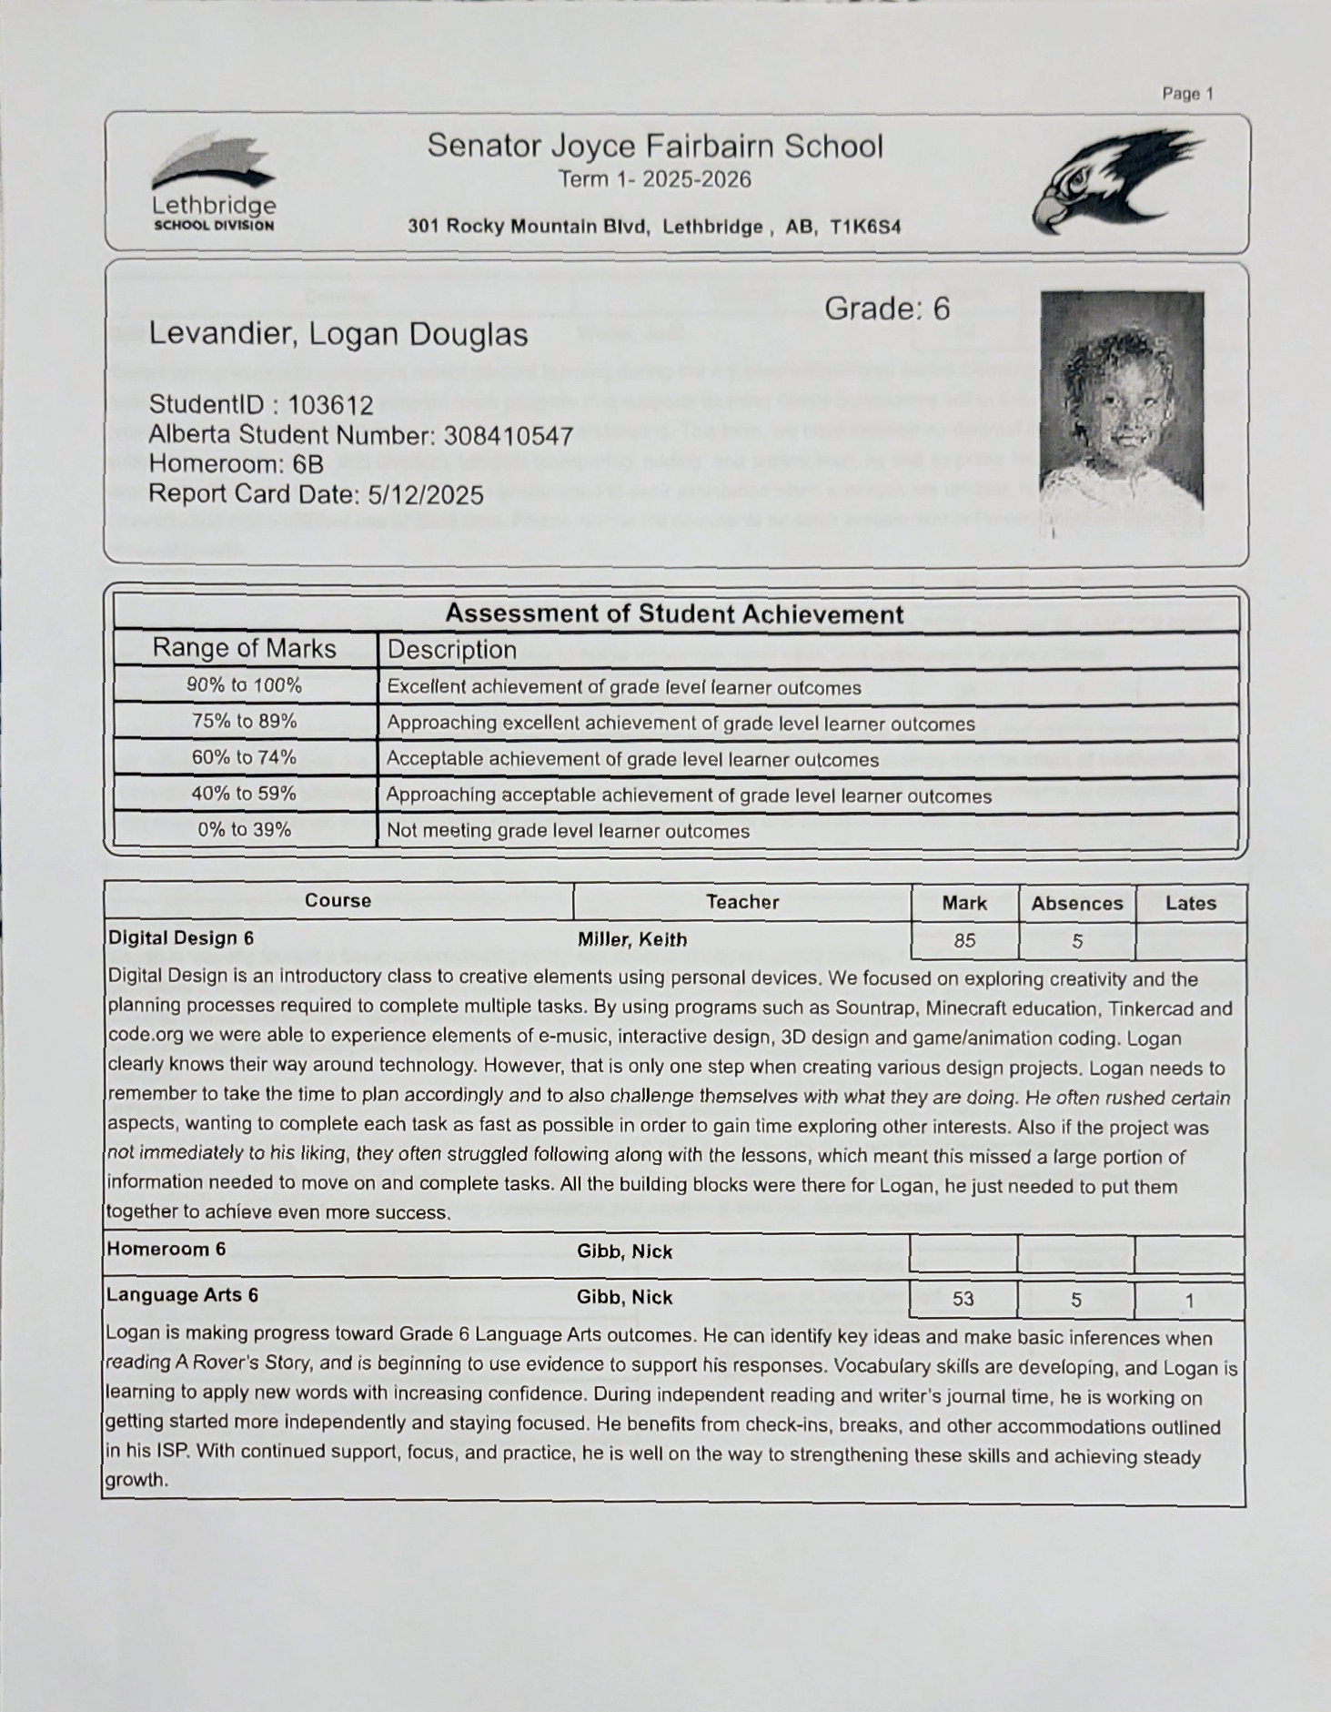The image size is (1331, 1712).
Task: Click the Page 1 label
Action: click(1187, 94)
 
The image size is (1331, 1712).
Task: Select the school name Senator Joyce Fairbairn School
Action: click(655, 147)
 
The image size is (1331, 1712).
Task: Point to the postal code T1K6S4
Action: click(865, 227)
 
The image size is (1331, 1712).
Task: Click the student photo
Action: click(1122, 400)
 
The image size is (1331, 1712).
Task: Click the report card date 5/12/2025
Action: click(425, 494)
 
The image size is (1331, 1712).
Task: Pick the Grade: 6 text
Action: click(886, 309)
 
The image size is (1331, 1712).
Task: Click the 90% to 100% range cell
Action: click(244, 685)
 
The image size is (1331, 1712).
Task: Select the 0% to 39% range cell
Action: click(244, 829)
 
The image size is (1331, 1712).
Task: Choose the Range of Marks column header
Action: click(244, 648)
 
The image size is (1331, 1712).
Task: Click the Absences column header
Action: click(1076, 903)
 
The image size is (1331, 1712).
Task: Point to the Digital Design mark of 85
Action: click(964, 940)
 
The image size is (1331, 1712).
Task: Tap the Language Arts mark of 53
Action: click(963, 1299)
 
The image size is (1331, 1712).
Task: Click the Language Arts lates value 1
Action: click(1189, 1301)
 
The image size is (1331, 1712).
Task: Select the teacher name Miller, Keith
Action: click(632, 939)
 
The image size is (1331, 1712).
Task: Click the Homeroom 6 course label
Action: click(166, 1249)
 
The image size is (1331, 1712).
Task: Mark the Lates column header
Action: click(1190, 903)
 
